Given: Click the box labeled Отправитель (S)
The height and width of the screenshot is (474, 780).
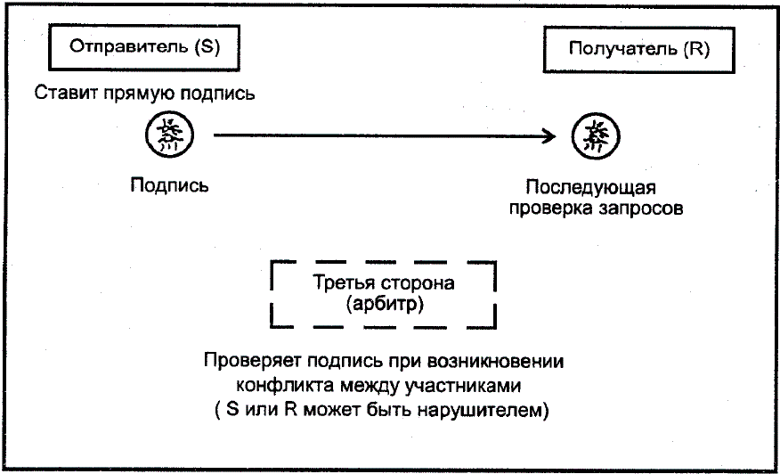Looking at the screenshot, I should coord(143,49).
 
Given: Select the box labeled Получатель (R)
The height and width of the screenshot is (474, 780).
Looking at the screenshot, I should coord(638,50).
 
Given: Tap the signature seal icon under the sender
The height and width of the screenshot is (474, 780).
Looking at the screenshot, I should coord(165,135).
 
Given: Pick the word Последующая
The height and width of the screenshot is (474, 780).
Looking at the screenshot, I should coord(589,188).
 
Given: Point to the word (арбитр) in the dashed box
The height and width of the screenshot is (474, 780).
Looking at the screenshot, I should coord(384,305).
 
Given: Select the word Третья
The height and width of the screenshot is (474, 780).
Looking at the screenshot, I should coord(340,284).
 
